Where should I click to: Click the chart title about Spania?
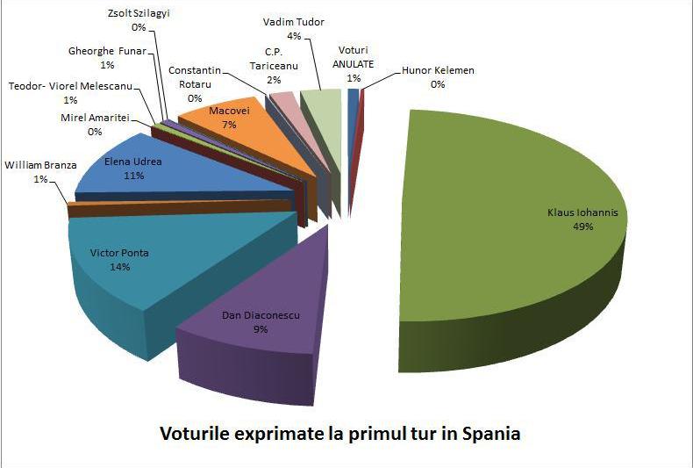pyautogui.click(x=339, y=433)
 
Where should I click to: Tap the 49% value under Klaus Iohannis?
pyautogui.click(x=582, y=226)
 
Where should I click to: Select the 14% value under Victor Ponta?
pyautogui.click(x=119, y=267)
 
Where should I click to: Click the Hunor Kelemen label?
pyautogui.click(x=438, y=70)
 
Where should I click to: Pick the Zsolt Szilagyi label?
pyautogui.click(x=138, y=16)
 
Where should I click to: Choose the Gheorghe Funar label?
pyautogui.click(x=106, y=51)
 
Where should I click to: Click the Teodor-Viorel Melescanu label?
pyautogui.click(x=69, y=86)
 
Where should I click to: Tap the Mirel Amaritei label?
pyautogui.click(x=95, y=119)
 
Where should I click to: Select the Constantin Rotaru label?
pyautogui.click(x=195, y=70)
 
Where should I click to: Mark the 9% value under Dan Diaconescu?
pyautogui.click(x=261, y=329)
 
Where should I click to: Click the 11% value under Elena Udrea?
pyautogui.click(x=134, y=176)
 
